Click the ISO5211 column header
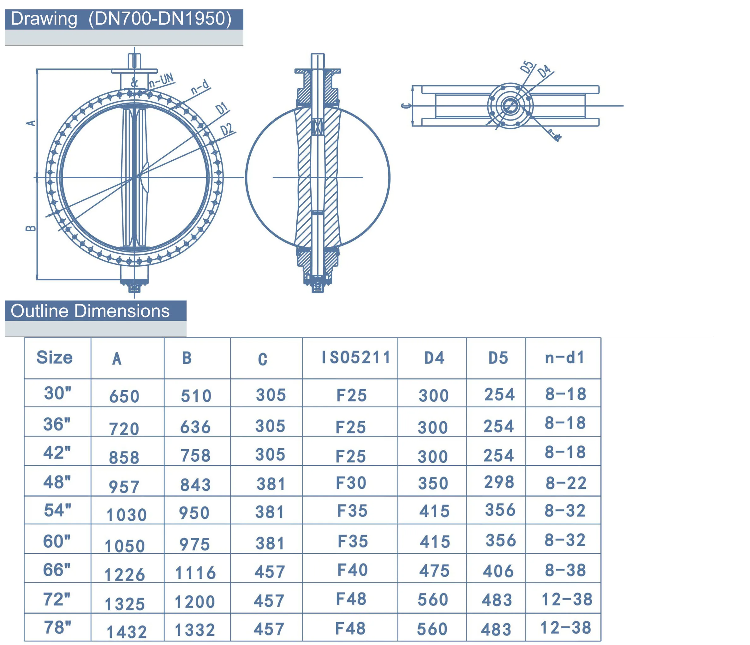click(356, 358)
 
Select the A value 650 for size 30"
click(124, 396)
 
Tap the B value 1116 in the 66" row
click(195, 573)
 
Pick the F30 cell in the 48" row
click(351, 483)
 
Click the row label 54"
click(57, 510)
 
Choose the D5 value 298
click(499, 482)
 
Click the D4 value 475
click(434, 571)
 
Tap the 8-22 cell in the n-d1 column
click(566, 483)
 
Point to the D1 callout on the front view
click(222, 109)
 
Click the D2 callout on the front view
click(227, 129)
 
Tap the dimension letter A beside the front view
click(32, 123)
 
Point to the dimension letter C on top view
click(406, 106)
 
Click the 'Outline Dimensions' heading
click(90, 311)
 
